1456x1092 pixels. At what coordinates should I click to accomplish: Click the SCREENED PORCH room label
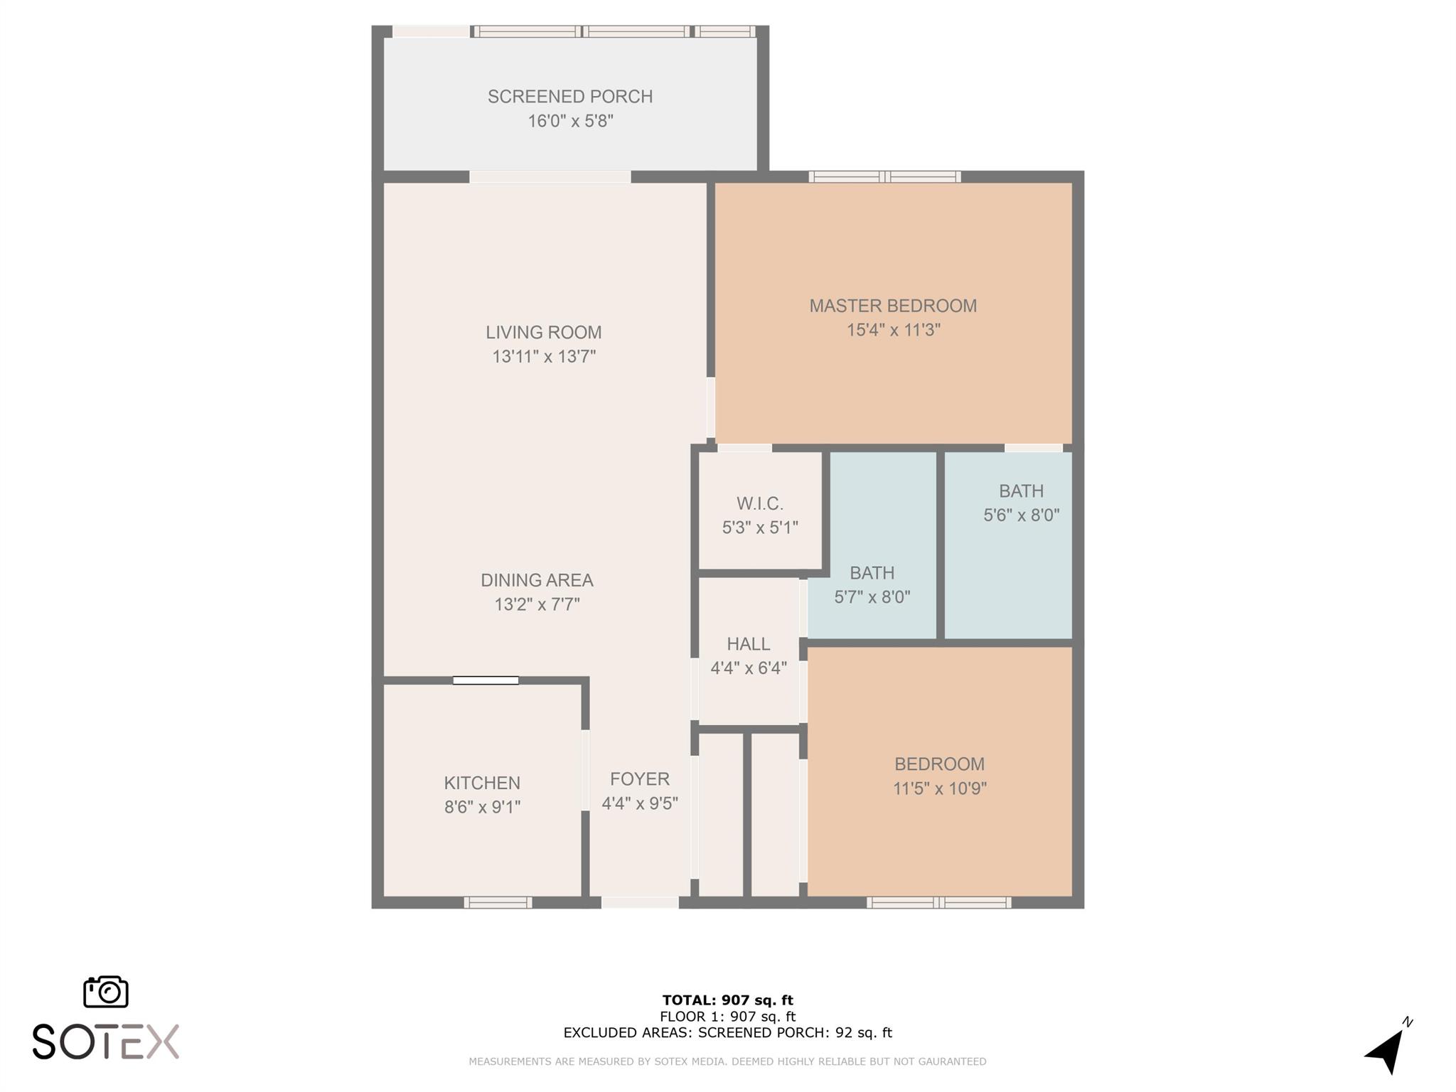[x=569, y=97]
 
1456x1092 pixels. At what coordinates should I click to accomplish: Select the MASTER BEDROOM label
[x=893, y=306]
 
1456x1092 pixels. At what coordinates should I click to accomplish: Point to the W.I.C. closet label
[x=759, y=504]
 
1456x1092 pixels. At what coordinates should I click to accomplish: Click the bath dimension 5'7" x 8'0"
[x=872, y=597]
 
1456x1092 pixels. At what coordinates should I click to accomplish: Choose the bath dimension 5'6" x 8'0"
[x=1021, y=515]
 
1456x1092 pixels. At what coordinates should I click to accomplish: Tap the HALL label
[x=748, y=644]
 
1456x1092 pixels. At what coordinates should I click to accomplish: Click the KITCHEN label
[x=482, y=783]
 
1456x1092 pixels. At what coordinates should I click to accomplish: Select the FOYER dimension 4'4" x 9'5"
[x=639, y=803]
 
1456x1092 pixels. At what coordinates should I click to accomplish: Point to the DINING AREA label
[x=537, y=580]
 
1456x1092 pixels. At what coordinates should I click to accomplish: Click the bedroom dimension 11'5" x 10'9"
[x=939, y=788]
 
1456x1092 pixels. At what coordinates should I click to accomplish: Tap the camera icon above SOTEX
[x=106, y=991]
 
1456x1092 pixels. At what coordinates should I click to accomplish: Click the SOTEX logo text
[x=105, y=1042]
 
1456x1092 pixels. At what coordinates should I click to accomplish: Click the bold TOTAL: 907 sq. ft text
[x=727, y=1000]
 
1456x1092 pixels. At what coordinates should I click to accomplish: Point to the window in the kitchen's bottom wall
[x=498, y=903]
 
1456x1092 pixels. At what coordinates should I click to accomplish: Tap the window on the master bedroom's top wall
[x=884, y=177]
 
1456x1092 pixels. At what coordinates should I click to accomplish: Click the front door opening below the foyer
[x=640, y=903]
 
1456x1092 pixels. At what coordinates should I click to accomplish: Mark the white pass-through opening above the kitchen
[x=486, y=680]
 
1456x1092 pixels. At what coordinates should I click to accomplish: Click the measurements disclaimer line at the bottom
[x=727, y=1061]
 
